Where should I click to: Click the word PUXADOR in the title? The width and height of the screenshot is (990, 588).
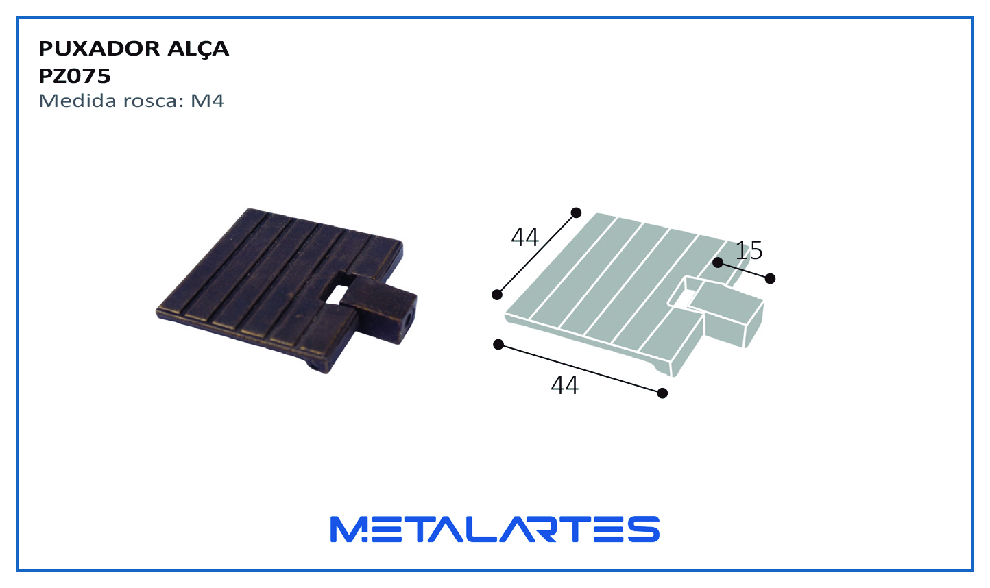pos(99,49)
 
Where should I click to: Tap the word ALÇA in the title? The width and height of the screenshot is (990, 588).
pos(198,49)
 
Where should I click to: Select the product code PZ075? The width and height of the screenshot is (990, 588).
pos(74,76)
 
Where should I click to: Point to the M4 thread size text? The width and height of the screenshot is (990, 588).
pos(207,101)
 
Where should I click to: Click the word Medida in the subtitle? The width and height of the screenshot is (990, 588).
pos(77,101)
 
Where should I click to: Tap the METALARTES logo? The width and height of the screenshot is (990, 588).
pos(495,529)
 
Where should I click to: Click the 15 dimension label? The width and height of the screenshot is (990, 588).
pos(749,251)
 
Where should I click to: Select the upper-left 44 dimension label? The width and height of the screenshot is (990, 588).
pos(524,237)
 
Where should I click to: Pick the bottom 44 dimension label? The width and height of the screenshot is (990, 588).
pos(564,385)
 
